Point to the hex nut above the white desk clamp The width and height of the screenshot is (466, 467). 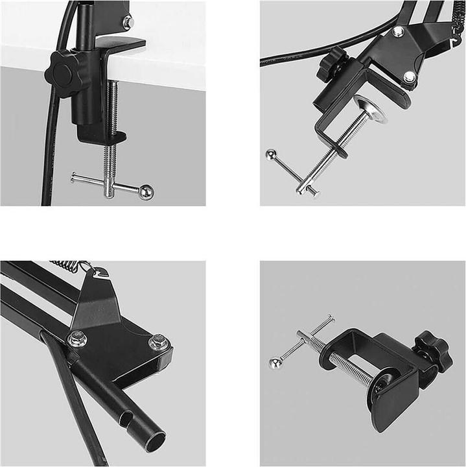(128, 21)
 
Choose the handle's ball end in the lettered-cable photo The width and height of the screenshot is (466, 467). (270, 155)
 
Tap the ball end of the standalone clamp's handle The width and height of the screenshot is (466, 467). (275, 364)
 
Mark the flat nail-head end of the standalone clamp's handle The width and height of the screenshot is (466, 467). (331, 317)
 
